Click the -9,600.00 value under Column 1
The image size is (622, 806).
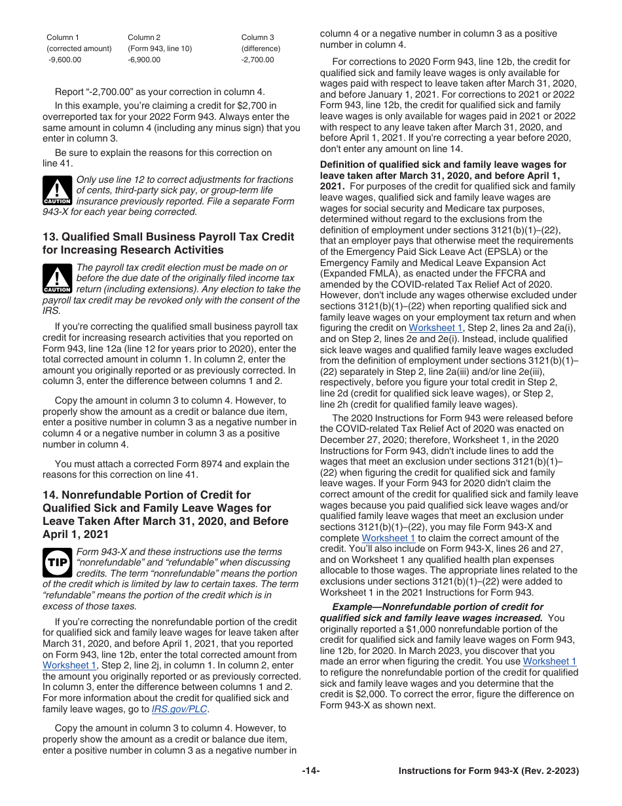tap(64, 60)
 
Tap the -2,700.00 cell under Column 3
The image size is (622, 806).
tap(258, 60)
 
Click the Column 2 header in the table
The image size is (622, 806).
tap(144, 37)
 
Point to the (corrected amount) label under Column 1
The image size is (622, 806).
tap(79, 48)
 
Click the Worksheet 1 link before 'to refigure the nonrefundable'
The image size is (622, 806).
tap(549, 662)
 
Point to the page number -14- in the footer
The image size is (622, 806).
tap(311, 771)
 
